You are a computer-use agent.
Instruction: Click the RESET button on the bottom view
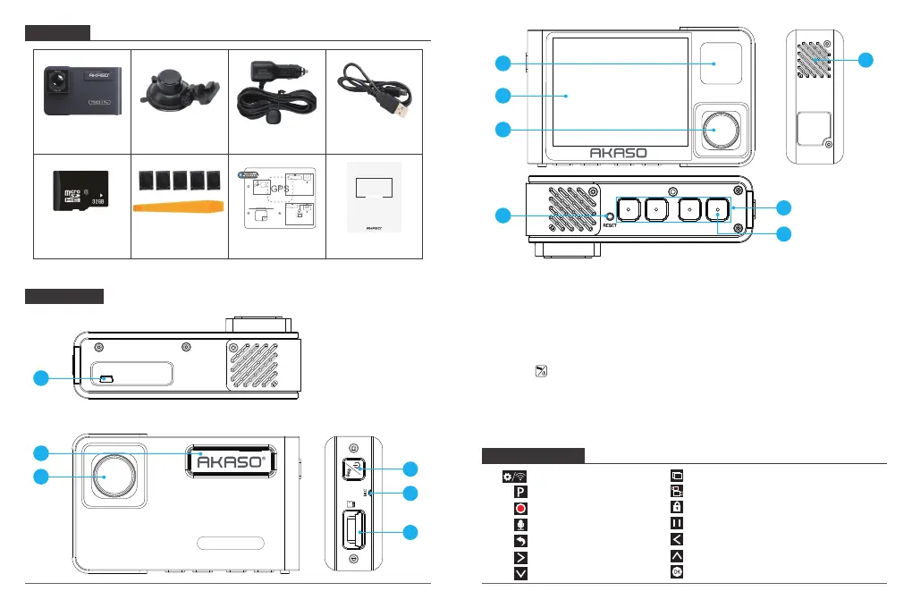coord(610,215)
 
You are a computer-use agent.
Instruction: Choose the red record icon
coord(519,508)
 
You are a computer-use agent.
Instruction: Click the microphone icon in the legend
coord(519,524)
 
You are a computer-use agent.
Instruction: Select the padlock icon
coord(677,508)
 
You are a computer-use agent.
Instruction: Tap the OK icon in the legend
coord(677,572)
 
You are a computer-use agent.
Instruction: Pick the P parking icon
coord(519,491)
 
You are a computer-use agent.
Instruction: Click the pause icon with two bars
coord(677,524)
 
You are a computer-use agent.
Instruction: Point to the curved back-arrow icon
coord(519,540)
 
